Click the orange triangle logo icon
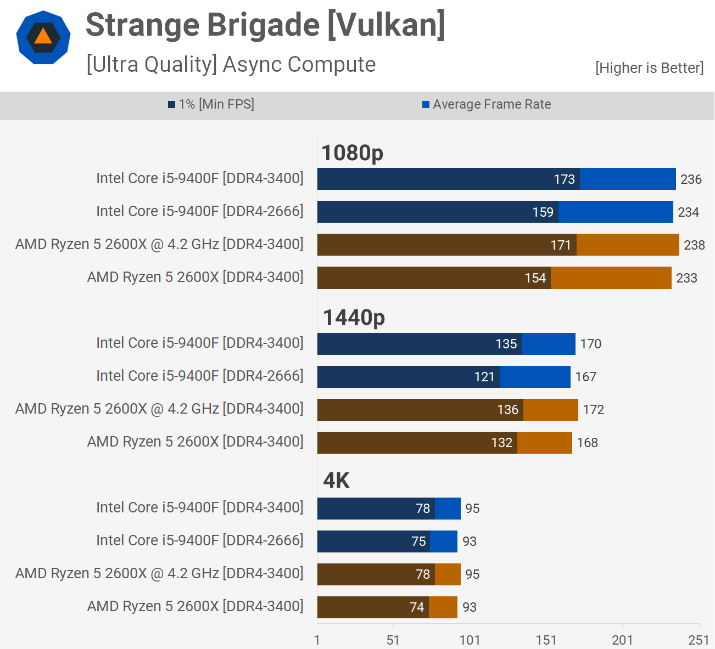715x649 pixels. pos(43,37)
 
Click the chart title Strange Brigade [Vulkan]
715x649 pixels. pos(265,25)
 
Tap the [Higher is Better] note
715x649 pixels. pos(649,68)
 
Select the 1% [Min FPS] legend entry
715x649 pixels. pos(211,104)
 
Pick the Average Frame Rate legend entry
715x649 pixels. pos(487,104)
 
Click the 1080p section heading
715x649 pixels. pos(352,153)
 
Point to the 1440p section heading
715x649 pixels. pos(354,318)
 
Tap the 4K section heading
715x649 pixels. pos(336,481)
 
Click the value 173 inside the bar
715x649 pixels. pos(564,179)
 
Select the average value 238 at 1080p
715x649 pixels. pos(694,245)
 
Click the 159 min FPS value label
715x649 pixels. pos(543,212)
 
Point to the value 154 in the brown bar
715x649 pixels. pos(535,278)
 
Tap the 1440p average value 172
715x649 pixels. pos(593,410)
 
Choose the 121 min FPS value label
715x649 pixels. pos(484,377)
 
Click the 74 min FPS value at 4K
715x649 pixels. pos(417,607)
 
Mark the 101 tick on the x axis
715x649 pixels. pos(470,640)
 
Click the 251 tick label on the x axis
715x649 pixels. pos(699,640)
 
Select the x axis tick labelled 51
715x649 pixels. pos(393,640)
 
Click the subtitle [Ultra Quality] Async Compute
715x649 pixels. pos(231,65)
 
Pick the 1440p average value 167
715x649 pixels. pos(585,377)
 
